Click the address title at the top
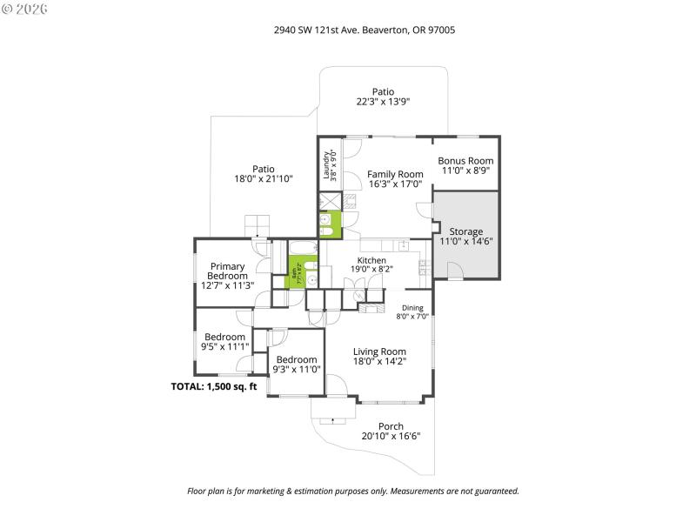click(x=365, y=30)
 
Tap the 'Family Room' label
click(x=395, y=179)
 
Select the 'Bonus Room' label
click(x=465, y=166)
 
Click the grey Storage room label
click(x=466, y=237)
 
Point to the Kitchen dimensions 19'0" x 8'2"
click(x=372, y=269)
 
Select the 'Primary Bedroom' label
click(x=226, y=275)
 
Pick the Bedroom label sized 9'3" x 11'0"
click(x=297, y=365)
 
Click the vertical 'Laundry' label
click(x=330, y=164)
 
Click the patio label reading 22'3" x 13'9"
click(x=383, y=96)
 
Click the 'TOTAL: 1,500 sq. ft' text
click(x=214, y=386)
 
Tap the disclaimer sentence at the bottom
click(x=353, y=491)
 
